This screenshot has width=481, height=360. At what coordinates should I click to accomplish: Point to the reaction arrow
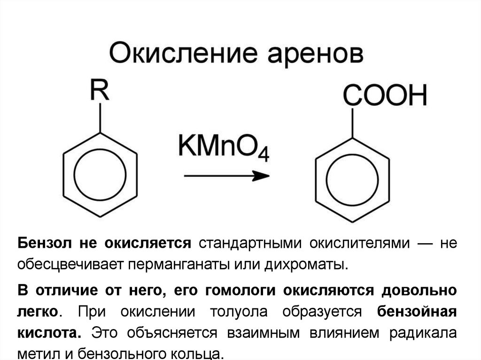click(226, 176)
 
